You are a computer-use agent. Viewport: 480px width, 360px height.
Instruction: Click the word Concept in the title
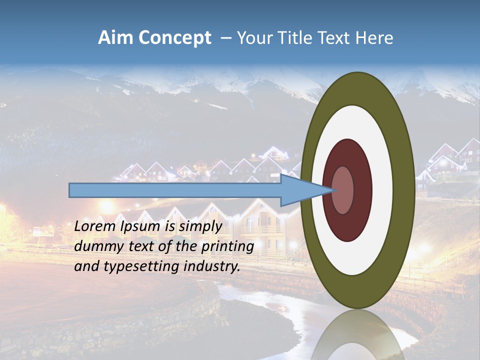click(x=175, y=38)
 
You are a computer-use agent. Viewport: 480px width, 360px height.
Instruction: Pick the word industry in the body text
click(x=212, y=266)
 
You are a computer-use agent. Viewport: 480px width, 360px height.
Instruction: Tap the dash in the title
click(x=225, y=38)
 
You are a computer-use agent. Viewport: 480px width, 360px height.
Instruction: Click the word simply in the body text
click(x=200, y=226)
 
